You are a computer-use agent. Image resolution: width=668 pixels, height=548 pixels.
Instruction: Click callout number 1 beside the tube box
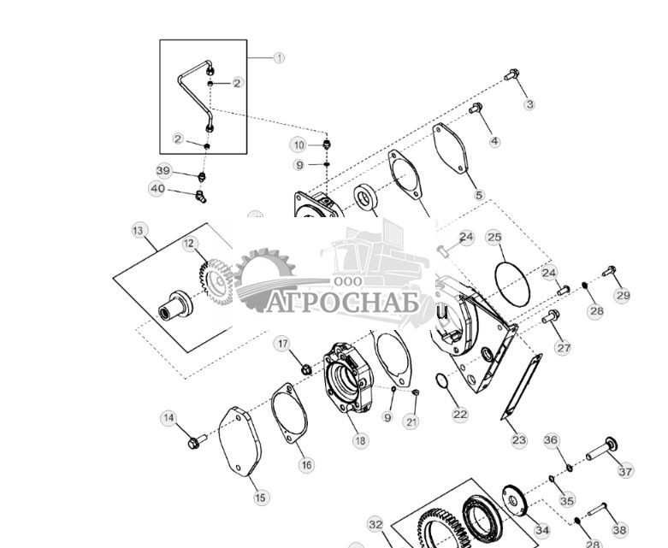(279, 58)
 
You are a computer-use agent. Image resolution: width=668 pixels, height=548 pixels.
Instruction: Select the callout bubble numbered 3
(529, 104)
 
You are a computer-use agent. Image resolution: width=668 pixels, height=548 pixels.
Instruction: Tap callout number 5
(479, 195)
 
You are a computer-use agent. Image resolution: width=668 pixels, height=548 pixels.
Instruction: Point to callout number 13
(139, 230)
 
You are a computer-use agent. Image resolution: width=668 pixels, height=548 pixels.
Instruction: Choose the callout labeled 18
(360, 440)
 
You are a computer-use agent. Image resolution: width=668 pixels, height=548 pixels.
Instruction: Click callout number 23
(519, 440)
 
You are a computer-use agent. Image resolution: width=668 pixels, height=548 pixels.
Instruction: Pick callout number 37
(625, 471)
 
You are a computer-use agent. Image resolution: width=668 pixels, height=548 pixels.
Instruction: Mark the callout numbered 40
(157, 189)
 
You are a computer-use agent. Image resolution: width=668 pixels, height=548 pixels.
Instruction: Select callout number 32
(375, 524)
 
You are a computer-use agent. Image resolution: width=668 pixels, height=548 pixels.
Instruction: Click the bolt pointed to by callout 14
(196, 442)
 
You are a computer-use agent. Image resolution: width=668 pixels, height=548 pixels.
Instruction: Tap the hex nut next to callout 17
(304, 369)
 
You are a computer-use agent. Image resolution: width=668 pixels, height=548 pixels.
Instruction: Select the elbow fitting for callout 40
(198, 196)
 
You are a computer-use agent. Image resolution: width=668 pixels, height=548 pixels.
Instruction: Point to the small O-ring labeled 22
(443, 381)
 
